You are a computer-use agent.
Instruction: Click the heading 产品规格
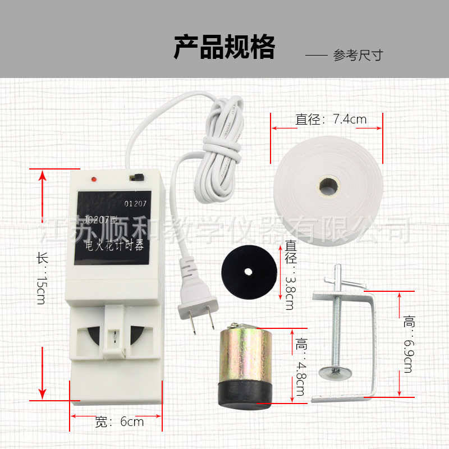[x=224, y=47]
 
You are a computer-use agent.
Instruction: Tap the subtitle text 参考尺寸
[x=358, y=56]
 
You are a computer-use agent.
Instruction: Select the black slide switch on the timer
[x=135, y=177]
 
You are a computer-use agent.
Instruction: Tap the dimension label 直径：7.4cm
[x=331, y=119]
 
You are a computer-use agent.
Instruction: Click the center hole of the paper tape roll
[x=328, y=185]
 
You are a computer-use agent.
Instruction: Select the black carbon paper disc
[x=248, y=271]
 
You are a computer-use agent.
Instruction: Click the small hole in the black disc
[x=248, y=271]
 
